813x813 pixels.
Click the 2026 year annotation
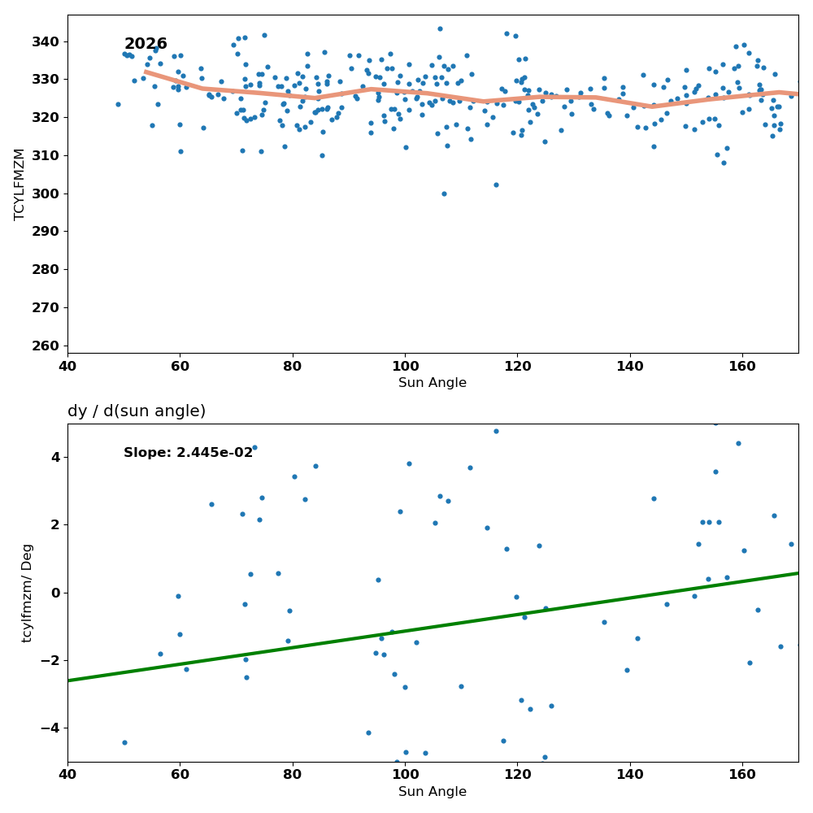click(146, 44)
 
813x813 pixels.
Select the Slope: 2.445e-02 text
click(189, 453)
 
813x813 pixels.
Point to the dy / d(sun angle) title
click(137, 411)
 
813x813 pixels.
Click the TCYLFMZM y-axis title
click(20, 185)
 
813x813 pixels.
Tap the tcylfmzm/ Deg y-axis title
click(27, 593)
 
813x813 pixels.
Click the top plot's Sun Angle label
click(433, 383)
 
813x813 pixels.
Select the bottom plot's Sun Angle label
click(433, 791)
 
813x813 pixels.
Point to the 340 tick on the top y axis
click(45, 41)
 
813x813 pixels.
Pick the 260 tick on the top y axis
click(45, 346)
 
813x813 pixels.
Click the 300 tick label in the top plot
click(45, 193)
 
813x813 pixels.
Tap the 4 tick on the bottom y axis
click(55, 457)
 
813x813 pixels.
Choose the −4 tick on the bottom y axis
click(50, 728)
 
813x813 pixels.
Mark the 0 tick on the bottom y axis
click(55, 593)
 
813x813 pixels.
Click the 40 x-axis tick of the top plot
click(67, 366)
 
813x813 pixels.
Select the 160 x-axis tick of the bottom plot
click(742, 775)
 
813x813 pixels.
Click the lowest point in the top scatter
click(444, 194)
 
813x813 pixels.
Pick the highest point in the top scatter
click(440, 29)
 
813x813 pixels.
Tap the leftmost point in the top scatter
click(118, 105)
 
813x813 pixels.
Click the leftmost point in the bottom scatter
click(124, 742)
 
